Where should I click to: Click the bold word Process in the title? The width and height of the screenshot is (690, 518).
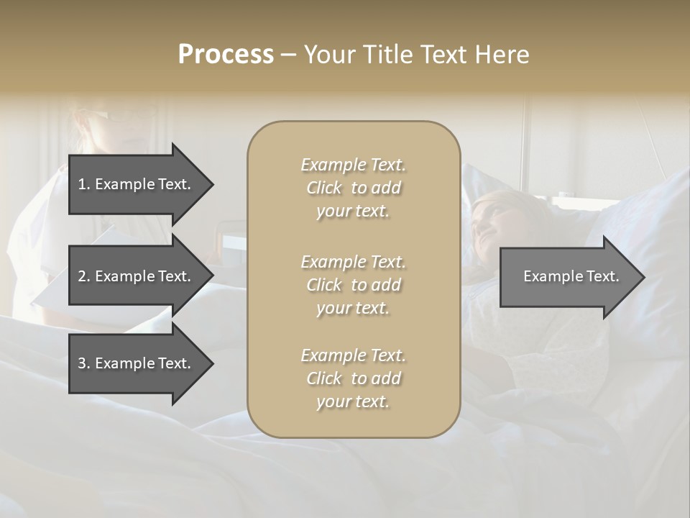click(x=226, y=55)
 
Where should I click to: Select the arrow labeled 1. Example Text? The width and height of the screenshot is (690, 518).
click(x=134, y=184)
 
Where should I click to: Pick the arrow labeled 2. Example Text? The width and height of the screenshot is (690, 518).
click(x=134, y=276)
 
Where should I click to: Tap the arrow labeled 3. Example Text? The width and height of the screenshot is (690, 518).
click(x=134, y=363)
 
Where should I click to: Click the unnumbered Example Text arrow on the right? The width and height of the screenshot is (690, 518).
click(x=571, y=276)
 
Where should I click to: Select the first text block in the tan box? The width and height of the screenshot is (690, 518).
click(x=353, y=188)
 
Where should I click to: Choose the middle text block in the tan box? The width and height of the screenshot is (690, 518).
click(x=353, y=285)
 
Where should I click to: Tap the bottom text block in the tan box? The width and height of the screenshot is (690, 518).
click(x=353, y=378)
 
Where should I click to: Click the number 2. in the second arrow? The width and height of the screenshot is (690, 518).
click(x=84, y=276)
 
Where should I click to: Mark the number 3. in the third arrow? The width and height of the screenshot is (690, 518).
click(x=84, y=363)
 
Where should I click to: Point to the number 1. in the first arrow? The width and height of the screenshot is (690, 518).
click(x=84, y=184)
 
